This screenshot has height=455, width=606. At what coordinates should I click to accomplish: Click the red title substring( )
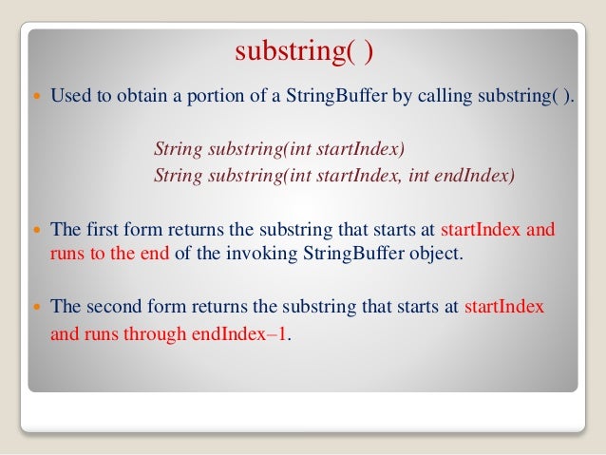point(304,49)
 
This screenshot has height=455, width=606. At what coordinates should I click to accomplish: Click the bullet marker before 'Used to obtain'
point(37,96)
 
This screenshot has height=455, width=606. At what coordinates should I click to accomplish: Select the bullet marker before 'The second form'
point(37,307)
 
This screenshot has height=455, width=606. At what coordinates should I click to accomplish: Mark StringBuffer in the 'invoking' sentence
point(347,254)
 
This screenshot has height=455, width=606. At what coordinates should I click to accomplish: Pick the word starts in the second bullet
point(395,230)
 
